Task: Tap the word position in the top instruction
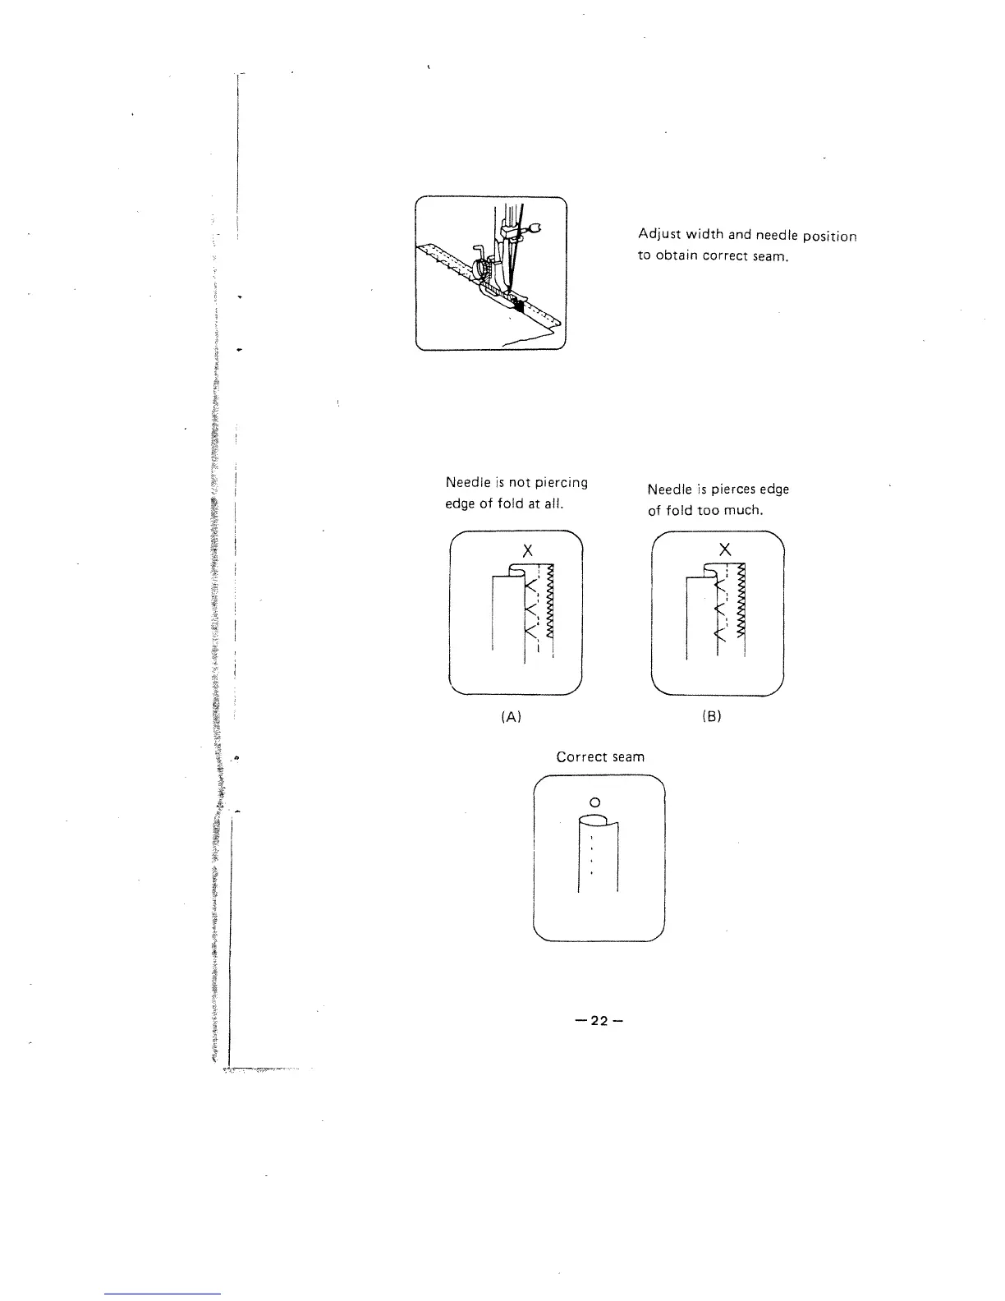click(x=829, y=237)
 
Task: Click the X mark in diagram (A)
click(x=528, y=549)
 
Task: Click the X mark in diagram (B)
click(x=724, y=549)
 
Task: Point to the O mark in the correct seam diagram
click(x=596, y=801)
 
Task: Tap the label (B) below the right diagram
click(x=712, y=716)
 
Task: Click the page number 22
click(x=600, y=1021)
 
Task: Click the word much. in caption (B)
click(x=744, y=510)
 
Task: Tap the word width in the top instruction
click(x=703, y=237)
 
